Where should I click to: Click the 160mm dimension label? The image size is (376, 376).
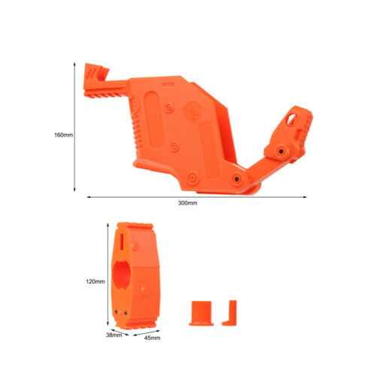pyautogui.click(x=64, y=135)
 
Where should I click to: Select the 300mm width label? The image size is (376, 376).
pyautogui.click(x=187, y=203)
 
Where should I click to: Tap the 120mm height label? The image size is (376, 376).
pyautogui.click(x=96, y=281)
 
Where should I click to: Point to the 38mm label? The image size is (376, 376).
pyautogui.click(x=114, y=335)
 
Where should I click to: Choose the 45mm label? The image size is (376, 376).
pyautogui.click(x=152, y=338)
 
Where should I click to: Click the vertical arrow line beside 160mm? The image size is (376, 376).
pyautogui.click(x=74, y=127)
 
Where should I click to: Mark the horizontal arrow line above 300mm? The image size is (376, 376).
pyautogui.click(x=197, y=197)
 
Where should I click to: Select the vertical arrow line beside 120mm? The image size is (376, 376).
pyautogui.click(x=108, y=274)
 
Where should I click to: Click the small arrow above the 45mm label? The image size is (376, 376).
pyautogui.click(x=147, y=333)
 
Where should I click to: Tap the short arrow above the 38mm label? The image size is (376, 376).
pyautogui.click(x=120, y=332)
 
